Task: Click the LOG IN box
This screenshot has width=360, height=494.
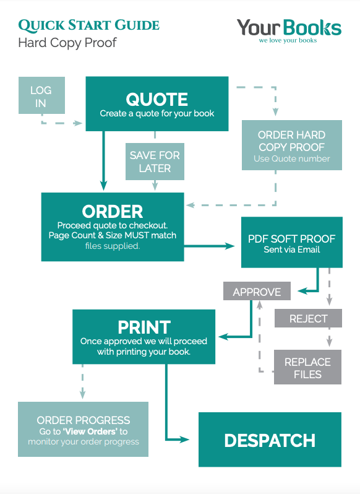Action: [41, 95]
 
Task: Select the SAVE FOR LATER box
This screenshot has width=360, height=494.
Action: [155, 162]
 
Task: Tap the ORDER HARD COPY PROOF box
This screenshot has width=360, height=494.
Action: [292, 145]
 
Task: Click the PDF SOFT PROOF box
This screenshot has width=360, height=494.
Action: [292, 242]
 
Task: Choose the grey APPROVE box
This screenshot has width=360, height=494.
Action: [257, 291]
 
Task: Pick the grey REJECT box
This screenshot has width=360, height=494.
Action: [308, 318]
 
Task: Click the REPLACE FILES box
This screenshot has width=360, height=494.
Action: [307, 367]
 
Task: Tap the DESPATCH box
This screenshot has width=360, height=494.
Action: [270, 440]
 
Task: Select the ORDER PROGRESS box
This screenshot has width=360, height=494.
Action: [83, 429]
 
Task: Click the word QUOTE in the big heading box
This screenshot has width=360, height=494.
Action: [156, 100]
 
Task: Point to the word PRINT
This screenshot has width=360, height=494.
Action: [144, 327]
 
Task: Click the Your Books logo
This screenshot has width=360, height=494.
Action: [289, 30]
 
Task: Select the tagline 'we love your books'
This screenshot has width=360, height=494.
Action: [288, 40]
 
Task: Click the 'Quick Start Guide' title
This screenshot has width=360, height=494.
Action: [88, 25]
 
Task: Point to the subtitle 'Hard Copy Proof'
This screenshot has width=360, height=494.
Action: [67, 43]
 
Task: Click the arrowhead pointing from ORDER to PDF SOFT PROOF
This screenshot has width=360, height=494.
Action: [229, 246]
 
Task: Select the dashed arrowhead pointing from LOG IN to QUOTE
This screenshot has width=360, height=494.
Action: [77, 123]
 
